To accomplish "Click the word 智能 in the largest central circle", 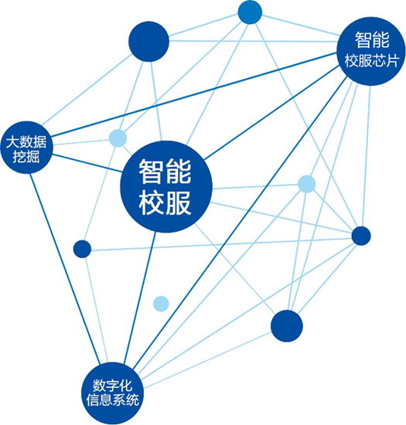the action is click(x=165, y=172).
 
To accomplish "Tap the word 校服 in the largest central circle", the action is click(x=165, y=202).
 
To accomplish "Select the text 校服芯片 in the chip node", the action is click(x=371, y=60).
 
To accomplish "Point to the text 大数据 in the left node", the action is click(x=26, y=141).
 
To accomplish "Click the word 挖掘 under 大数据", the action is click(x=26, y=157).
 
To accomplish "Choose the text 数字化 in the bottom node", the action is click(x=112, y=385).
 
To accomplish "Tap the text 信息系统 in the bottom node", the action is click(x=112, y=399).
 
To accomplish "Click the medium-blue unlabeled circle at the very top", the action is click(x=250, y=12).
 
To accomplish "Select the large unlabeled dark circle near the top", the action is click(x=148, y=42).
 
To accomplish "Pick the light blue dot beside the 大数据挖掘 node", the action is click(x=118, y=138).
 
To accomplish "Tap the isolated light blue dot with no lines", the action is click(x=161, y=304).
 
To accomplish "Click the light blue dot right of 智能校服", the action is click(x=307, y=184).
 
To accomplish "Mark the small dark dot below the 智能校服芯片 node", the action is click(x=361, y=236).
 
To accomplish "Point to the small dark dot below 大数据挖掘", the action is click(x=82, y=249).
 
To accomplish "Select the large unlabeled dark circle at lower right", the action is click(x=287, y=326).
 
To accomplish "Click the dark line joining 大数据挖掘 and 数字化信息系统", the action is click(x=65, y=269).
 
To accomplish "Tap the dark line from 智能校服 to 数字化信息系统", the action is click(x=140, y=297).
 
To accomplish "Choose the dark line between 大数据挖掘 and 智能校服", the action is click(x=87, y=163).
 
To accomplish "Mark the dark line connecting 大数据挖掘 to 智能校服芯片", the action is click(x=194, y=94).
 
